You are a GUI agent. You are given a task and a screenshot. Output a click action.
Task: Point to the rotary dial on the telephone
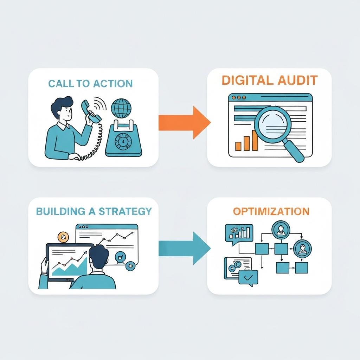(x=123, y=141)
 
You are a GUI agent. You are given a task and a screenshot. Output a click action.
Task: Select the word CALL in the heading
(x=59, y=84)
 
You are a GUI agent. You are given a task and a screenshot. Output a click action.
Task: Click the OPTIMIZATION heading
(x=271, y=211)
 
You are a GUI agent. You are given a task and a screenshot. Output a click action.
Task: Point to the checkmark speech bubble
(x=248, y=278)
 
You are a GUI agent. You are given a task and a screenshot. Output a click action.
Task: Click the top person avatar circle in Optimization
(x=281, y=230)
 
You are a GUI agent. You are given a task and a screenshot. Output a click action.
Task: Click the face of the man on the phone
(x=67, y=112)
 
